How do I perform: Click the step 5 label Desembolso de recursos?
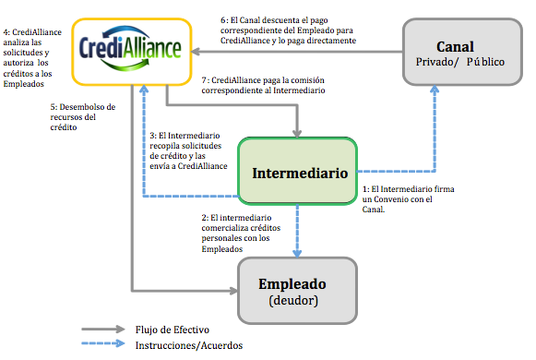(x=83, y=117)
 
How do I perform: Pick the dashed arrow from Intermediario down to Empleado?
(x=297, y=230)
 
